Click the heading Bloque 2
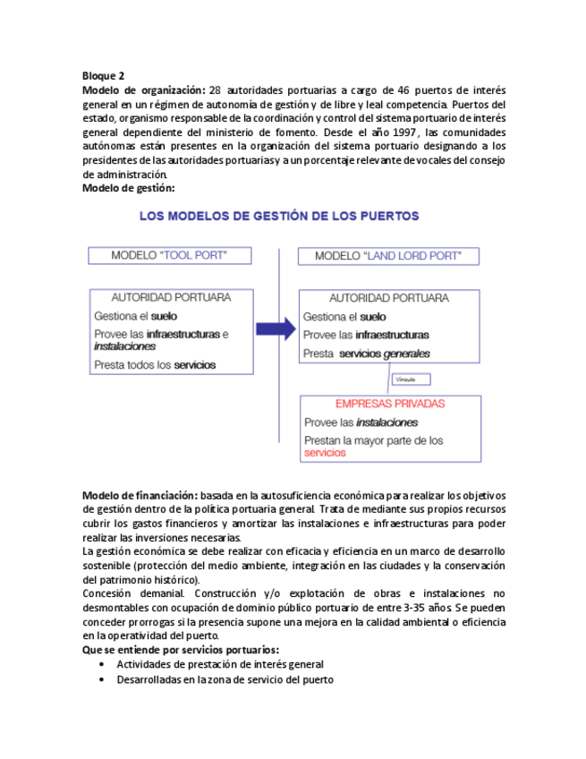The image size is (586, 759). pyautogui.click(x=103, y=76)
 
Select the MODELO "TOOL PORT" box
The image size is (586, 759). pyautogui.click(x=168, y=256)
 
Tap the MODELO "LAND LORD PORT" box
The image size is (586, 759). pyautogui.click(x=387, y=256)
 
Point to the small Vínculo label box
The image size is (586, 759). pyautogui.click(x=412, y=379)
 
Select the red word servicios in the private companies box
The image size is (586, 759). pyautogui.click(x=325, y=454)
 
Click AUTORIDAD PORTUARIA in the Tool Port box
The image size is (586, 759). pyautogui.click(x=170, y=297)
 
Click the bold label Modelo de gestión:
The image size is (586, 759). pyautogui.click(x=128, y=188)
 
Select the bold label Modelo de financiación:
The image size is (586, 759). pyautogui.click(x=140, y=495)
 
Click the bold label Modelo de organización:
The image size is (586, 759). pyautogui.click(x=144, y=90)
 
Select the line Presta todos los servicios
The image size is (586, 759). pyautogui.click(x=154, y=365)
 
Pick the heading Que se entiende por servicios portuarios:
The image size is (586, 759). pyautogui.click(x=180, y=650)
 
